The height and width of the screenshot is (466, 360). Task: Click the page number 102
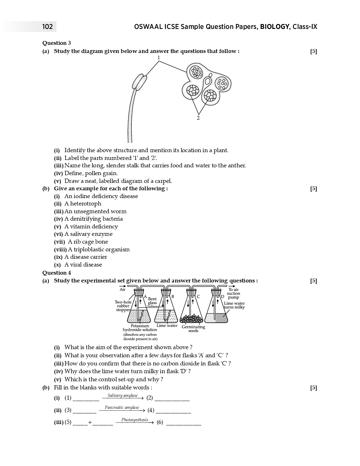click(47, 26)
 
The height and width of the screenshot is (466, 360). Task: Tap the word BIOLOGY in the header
click(275, 26)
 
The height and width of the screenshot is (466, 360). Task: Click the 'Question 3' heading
click(56, 43)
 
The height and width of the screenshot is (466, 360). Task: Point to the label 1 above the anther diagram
click(159, 58)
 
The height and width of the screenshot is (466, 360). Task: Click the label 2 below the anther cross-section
click(198, 118)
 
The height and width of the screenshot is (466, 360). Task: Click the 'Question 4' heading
click(56, 273)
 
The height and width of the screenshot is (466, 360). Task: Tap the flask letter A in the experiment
click(145, 297)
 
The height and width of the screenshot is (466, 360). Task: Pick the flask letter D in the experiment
click(223, 297)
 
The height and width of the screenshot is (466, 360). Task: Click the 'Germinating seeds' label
click(193, 329)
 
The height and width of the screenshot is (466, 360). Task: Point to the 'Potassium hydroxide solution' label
click(140, 328)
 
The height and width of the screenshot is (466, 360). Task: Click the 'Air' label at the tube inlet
click(122, 289)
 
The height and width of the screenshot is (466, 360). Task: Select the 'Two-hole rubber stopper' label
click(123, 306)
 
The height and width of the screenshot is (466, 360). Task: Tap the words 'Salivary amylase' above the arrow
click(122, 395)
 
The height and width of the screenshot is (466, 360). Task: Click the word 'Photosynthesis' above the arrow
click(135, 420)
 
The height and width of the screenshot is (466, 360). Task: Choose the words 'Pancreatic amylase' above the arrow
click(122, 407)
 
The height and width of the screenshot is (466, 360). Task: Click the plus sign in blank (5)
click(90, 422)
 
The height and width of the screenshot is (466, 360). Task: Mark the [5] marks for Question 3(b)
click(313, 189)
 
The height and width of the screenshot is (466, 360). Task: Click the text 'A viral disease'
click(83, 265)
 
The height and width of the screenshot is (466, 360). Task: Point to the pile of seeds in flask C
click(191, 318)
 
